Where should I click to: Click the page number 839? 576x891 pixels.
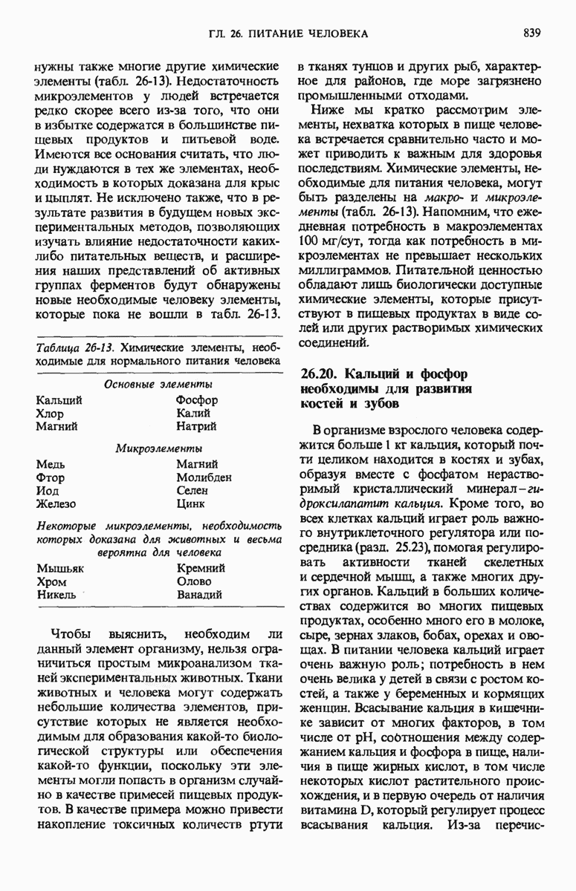coord(531,33)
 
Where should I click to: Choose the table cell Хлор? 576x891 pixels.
coord(50,414)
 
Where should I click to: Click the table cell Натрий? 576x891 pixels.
coord(196,426)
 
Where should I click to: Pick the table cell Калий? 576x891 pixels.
coord(194,414)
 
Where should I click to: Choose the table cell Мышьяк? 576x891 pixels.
coord(60,568)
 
